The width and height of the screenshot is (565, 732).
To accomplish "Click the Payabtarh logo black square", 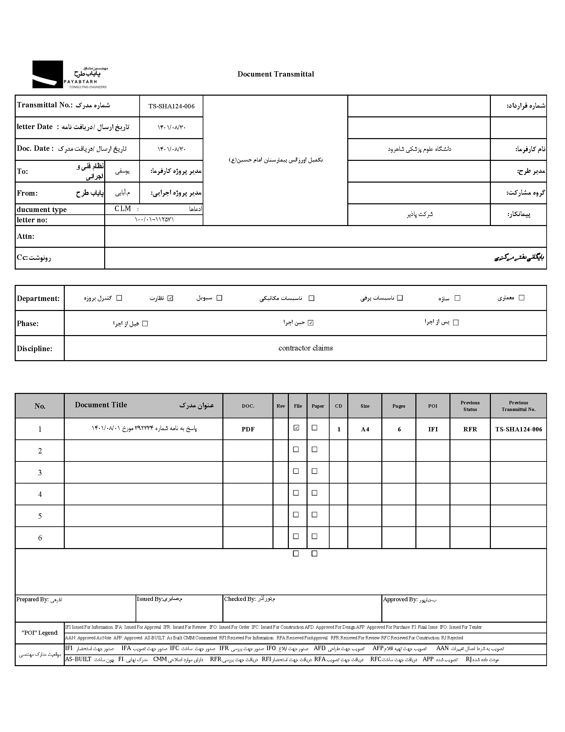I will click(x=47, y=74).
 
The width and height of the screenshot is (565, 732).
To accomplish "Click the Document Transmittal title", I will click(x=275, y=74).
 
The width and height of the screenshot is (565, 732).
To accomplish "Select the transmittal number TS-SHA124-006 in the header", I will click(x=171, y=106).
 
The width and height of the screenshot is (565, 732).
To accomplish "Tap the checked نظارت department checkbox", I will click(x=170, y=298).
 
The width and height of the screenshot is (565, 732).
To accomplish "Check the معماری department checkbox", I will click(x=521, y=298).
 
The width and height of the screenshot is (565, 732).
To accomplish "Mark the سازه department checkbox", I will click(x=457, y=298).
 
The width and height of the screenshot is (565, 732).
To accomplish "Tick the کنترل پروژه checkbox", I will click(x=119, y=298).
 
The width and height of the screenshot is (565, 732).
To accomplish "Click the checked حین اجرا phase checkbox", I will click(x=311, y=323).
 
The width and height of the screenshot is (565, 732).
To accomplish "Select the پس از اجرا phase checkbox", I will click(x=455, y=322).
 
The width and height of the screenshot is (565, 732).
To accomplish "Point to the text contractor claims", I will click(x=305, y=348).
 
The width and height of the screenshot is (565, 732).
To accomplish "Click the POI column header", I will click(x=432, y=406).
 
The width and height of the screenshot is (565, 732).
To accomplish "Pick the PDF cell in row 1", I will click(x=248, y=429).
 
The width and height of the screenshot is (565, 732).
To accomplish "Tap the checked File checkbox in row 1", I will click(x=296, y=428).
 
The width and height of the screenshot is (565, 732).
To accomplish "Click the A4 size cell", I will click(x=365, y=429).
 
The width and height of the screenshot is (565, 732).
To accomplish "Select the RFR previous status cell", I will click(x=470, y=429).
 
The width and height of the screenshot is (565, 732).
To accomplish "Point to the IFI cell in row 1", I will click(x=433, y=429).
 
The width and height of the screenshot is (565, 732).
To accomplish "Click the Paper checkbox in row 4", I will click(x=314, y=493).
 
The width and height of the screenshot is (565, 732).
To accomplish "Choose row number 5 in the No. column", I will click(x=40, y=516).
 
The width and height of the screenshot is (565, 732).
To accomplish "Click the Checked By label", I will click(x=240, y=599).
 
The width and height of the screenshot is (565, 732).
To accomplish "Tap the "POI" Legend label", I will click(x=40, y=632).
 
